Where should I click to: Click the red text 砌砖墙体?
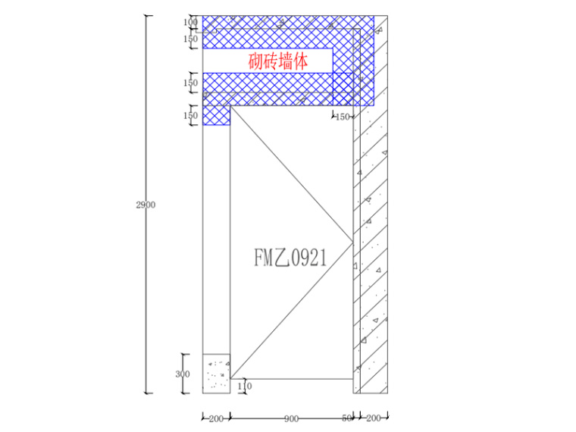(278, 61)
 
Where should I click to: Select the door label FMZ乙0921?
(290, 258)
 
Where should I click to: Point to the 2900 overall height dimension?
(146, 205)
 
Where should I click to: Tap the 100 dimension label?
(191, 22)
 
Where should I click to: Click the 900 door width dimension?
(291, 418)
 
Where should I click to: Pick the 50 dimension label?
(347, 418)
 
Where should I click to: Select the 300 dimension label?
(183, 374)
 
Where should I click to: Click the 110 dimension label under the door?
(245, 386)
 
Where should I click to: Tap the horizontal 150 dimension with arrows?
(343, 117)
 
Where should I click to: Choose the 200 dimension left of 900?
(216, 418)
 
